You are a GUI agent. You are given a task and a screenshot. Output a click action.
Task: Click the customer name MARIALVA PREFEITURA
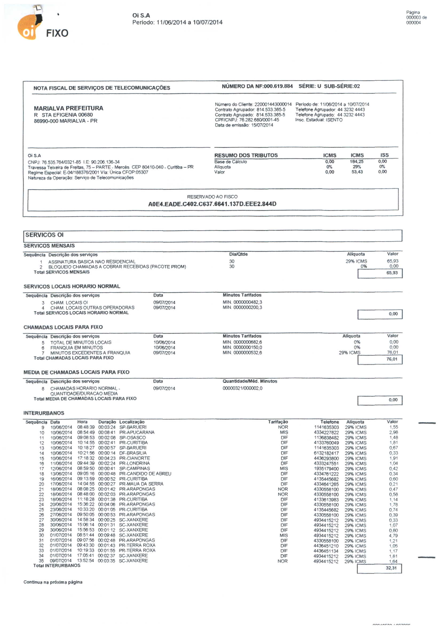tap(68, 108)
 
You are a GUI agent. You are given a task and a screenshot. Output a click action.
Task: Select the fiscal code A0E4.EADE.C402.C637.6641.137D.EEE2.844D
tap(212, 204)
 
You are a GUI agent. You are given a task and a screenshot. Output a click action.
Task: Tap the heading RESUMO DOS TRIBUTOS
tap(246, 155)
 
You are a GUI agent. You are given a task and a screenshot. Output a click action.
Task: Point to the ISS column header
tap(384, 155)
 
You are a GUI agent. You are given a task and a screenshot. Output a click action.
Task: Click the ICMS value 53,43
tap(357, 172)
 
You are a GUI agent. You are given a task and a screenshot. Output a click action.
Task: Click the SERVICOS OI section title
tap(45, 235)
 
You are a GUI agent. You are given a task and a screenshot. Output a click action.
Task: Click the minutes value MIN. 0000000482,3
tap(242, 302)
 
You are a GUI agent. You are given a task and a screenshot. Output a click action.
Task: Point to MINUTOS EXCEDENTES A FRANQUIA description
tap(90, 353)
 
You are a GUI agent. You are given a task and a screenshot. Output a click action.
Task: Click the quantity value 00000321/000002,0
tap(242, 388)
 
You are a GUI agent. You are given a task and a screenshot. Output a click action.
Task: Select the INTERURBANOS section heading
tap(44, 413)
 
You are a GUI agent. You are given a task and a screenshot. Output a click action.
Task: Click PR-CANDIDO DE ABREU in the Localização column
tap(145, 474)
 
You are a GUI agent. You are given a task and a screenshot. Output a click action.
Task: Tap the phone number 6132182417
tap(326, 453)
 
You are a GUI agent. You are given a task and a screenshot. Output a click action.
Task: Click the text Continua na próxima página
tap(53, 582)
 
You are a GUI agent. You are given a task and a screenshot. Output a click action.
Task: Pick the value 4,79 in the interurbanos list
tap(393, 536)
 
